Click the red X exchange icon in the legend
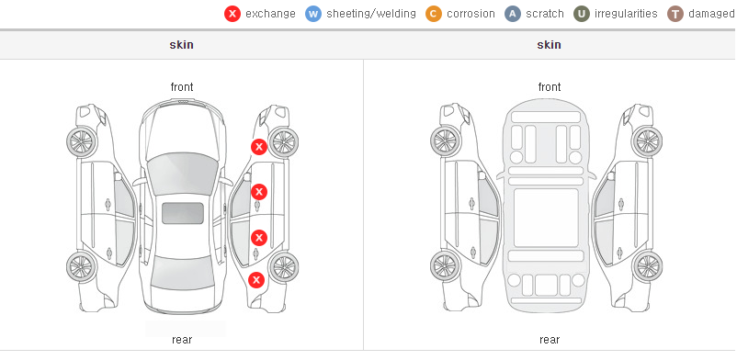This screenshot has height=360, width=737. click(232, 14)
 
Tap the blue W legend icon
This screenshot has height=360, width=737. click(313, 14)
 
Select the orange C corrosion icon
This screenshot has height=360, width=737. click(434, 14)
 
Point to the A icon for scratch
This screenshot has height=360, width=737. click(513, 14)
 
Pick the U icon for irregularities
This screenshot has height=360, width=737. click(582, 14)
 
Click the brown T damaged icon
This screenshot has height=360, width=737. click(675, 14)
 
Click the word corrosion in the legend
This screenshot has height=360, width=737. click(471, 14)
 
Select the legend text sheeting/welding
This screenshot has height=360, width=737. click(371, 14)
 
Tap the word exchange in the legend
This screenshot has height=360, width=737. click(270, 14)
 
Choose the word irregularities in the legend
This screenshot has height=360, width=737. click(626, 14)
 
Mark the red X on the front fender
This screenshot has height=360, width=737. click(259, 147)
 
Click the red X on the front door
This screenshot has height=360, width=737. click(259, 192)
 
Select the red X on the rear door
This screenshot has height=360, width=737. click(259, 238)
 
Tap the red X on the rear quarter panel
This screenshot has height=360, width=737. click(256, 281)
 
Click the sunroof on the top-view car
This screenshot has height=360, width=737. click(183, 213)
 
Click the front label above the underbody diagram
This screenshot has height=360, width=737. click(550, 87)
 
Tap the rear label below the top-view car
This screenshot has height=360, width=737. click(182, 340)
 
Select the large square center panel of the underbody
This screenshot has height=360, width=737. click(546, 218)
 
